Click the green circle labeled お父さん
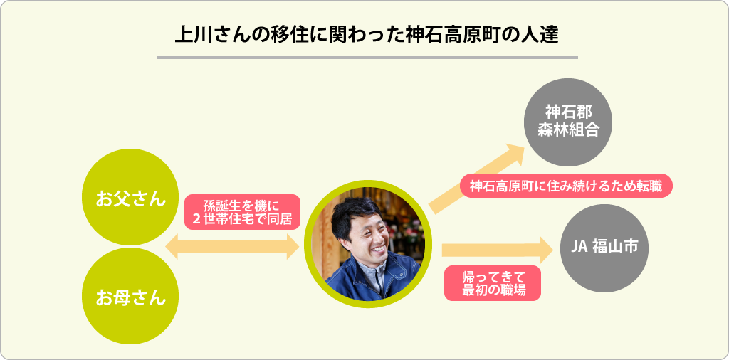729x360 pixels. click(130, 198)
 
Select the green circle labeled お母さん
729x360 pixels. click(130, 296)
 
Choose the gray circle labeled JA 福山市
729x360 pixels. click(604, 248)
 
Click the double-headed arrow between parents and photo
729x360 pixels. click(231, 247)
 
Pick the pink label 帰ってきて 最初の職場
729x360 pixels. click(491, 282)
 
